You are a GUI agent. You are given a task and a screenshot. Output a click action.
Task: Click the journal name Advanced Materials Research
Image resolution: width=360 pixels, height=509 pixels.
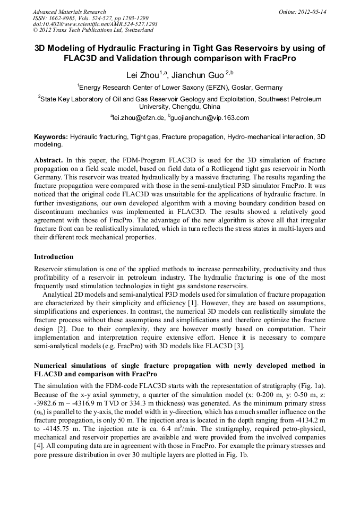click(69, 12)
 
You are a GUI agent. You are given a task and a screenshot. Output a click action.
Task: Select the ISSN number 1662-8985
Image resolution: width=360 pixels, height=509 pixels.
click(66, 18)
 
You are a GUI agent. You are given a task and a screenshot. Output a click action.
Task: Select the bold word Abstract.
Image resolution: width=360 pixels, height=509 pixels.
click(48, 160)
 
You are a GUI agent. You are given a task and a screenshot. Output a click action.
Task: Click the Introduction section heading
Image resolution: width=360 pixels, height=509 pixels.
click(54, 256)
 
